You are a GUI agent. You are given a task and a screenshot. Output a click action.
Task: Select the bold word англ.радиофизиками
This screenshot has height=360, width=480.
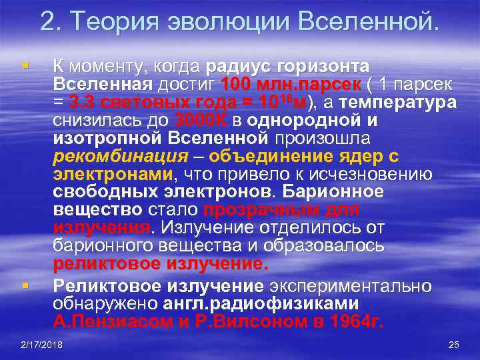pyautogui.click(x=261, y=304)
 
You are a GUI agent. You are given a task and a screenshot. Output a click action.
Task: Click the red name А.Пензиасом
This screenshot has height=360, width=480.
pyautogui.click(x=111, y=322)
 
